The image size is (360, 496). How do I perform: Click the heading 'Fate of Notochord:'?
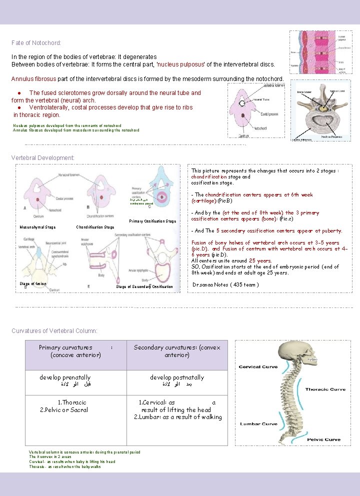[x=36, y=43]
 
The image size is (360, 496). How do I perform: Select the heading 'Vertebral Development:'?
[x=43, y=158]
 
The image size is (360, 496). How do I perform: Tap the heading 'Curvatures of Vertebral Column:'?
[x=54, y=331]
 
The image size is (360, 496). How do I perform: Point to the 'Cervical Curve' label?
[x=258, y=367]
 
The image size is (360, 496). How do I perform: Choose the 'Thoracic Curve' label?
[x=325, y=389]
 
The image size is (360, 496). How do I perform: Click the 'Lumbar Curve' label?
[x=258, y=424]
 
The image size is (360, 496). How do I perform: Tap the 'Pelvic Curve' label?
[x=323, y=439]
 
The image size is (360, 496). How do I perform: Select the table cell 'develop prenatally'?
[x=65, y=377]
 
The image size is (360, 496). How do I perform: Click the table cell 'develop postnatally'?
[x=177, y=377]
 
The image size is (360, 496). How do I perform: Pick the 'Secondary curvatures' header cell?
[x=177, y=351]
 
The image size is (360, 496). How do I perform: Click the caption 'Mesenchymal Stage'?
[x=37, y=227]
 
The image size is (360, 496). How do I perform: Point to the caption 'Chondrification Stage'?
[x=95, y=227]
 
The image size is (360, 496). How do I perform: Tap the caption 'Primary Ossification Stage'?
[x=152, y=221]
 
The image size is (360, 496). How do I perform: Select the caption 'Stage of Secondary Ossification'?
[x=144, y=286]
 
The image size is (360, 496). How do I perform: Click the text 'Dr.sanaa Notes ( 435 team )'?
[x=225, y=285]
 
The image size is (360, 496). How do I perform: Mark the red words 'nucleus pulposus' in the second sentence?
[x=181, y=64]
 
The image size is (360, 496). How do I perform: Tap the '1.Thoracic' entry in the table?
[x=72, y=402]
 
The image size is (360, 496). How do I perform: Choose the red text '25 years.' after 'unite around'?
[x=260, y=261]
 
